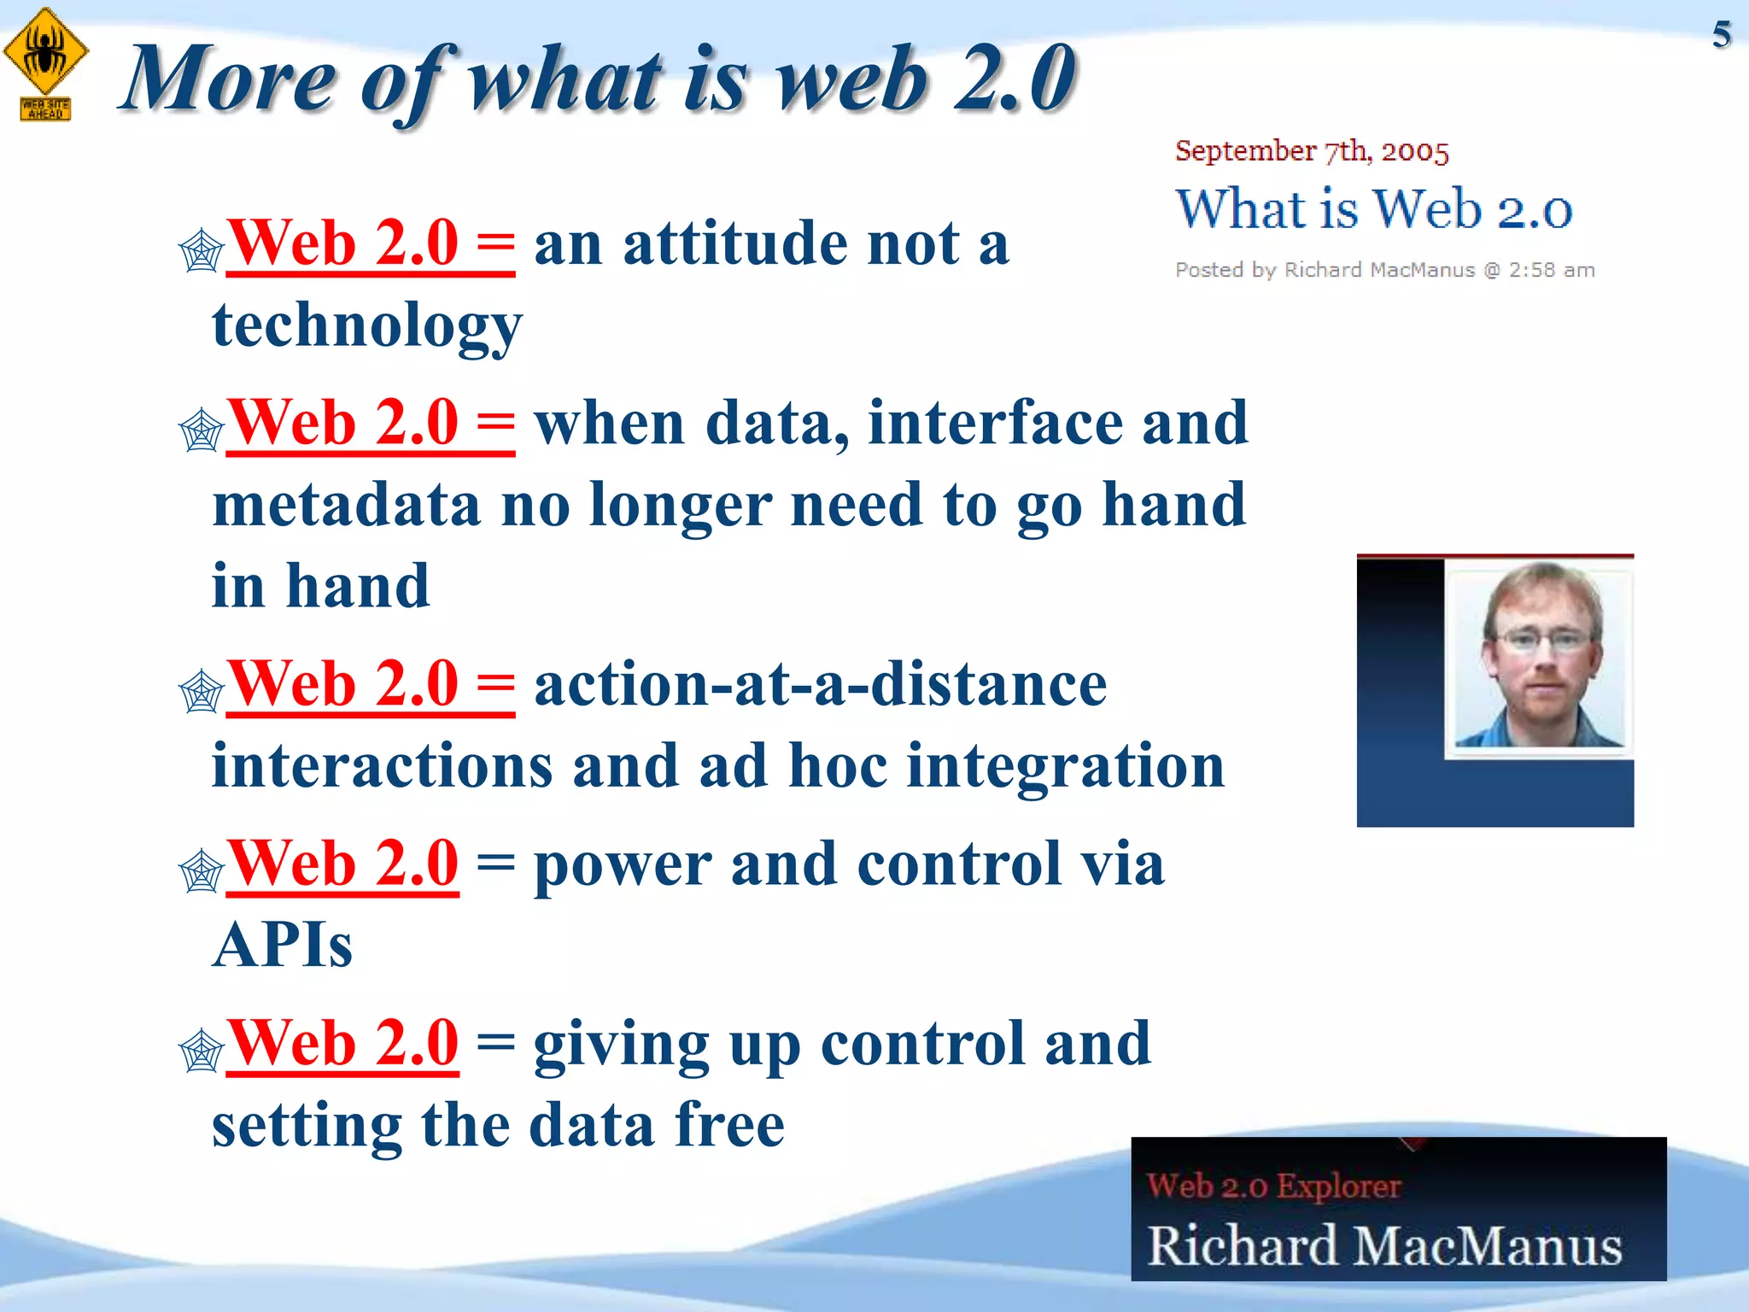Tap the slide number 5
click(x=1721, y=35)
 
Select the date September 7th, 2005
click(x=1311, y=151)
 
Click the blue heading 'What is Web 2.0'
click(x=1373, y=209)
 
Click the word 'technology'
click(x=366, y=325)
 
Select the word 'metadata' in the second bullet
click(x=346, y=505)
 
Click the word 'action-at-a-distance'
click(x=820, y=685)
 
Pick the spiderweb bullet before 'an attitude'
click(x=201, y=252)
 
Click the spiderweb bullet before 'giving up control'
click(x=201, y=1051)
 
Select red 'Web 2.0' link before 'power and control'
click(x=342, y=864)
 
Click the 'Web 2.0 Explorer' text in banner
click(x=1272, y=1186)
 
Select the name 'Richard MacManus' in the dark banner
click(x=1383, y=1245)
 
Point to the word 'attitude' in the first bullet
click(x=734, y=244)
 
